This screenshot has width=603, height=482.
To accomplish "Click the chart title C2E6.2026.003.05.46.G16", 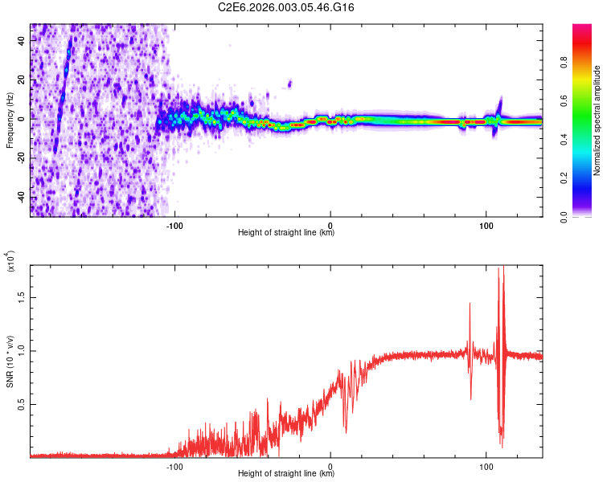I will [286, 8].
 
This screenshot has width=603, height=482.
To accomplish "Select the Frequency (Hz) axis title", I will [10, 120].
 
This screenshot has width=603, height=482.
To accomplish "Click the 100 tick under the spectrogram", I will [486, 224].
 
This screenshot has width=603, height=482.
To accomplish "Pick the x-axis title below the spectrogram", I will [286, 233].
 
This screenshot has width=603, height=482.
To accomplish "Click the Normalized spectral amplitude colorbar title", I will [597, 120].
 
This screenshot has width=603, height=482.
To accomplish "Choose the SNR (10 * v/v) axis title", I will [10, 361].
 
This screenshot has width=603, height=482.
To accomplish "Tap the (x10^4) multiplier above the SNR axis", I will [10, 263].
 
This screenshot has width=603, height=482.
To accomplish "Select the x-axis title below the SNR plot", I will [286, 474].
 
